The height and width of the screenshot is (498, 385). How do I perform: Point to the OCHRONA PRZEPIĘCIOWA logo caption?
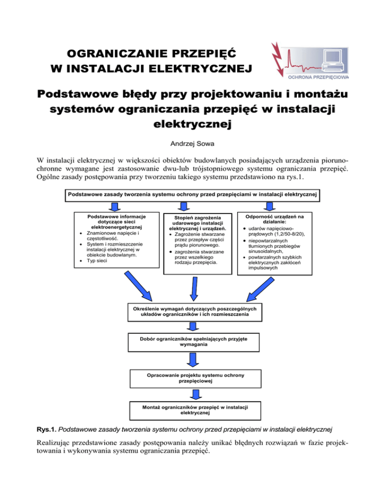pos(317,77)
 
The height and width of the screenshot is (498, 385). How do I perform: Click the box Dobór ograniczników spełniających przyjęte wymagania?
pos(193,343)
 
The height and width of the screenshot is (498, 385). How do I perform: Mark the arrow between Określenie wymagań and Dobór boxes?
pos(192,327)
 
